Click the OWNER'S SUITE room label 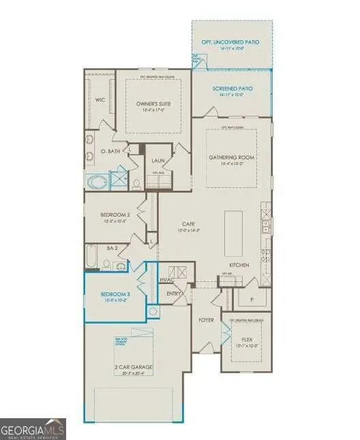(x=152, y=104)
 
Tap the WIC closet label (x=100, y=99)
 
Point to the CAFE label (x=189, y=223)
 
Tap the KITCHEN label (x=239, y=264)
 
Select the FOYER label (x=207, y=319)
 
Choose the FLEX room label (x=247, y=338)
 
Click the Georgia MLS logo (x=33, y=429)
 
